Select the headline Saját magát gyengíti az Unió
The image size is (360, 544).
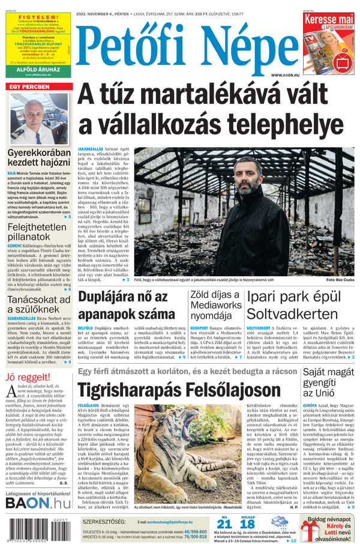(x=329, y=384)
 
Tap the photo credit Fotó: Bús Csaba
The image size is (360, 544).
(x=340, y=280)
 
